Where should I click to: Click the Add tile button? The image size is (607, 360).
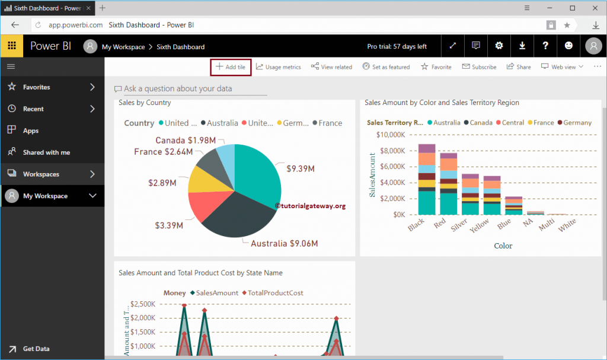coord(231,67)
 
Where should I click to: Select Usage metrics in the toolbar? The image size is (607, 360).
coord(279,67)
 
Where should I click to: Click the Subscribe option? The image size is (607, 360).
coord(480,67)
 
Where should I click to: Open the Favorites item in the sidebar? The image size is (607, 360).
coord(37,87)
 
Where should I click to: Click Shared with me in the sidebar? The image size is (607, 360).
coord(46,152)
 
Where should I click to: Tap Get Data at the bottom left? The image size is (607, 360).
coord(36,349)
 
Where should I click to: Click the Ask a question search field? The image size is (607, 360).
coord(195,89)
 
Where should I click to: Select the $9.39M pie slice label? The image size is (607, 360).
coord(300,169)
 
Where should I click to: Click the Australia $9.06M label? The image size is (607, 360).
coord(284,244)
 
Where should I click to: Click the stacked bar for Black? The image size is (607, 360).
coord(427,179)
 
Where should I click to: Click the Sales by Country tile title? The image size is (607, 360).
coord(145,103)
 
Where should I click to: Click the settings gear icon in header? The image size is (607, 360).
coord(499,46)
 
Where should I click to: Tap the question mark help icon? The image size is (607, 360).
coord(545,46)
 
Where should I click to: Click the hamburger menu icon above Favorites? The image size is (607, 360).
coord(11,66)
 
